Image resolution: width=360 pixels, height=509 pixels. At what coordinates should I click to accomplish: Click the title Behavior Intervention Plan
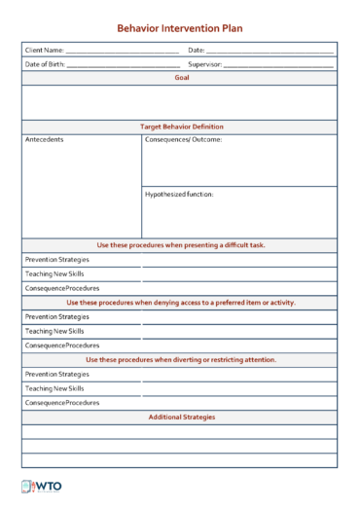tap(180, 29)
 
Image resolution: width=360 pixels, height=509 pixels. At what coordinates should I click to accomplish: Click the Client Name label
tap(45, 50)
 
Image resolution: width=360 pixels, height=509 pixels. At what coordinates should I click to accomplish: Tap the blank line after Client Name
tap(123, 51)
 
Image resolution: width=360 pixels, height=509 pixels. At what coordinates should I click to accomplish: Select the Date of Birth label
tap(46, 64)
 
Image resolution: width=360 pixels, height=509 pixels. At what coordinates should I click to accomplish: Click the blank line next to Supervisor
tap(278, 65)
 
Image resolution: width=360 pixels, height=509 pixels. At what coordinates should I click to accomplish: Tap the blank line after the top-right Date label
tap(270, 51)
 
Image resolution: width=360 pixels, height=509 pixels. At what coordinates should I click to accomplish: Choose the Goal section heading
tap(181, 77)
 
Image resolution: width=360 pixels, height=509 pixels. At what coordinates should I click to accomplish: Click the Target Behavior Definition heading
tap(181, 127)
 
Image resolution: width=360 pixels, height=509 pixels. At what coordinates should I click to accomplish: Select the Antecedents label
tap(45, 140)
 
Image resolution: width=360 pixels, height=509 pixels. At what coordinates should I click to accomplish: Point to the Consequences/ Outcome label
tap(183, 140)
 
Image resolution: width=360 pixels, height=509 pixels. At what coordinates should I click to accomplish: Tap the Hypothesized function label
tap(179, 194)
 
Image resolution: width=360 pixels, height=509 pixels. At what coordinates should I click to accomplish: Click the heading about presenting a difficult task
tap(181, 245)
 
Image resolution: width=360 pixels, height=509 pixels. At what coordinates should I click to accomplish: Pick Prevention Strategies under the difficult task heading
tap(56, 260)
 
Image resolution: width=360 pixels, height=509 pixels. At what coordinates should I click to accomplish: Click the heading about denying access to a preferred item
tap(181, 303)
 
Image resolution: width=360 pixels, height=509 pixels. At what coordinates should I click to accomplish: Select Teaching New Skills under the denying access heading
tap(54, 331)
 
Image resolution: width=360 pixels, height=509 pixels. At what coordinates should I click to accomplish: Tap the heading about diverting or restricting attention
tap(181, 359)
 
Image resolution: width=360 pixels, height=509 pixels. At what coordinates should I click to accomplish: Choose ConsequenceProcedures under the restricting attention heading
tap(62, 402)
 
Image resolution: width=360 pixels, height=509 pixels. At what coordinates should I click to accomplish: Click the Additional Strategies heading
tap(181, 417)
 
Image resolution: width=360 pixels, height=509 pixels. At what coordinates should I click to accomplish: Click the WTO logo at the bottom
tap(41, 488)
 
